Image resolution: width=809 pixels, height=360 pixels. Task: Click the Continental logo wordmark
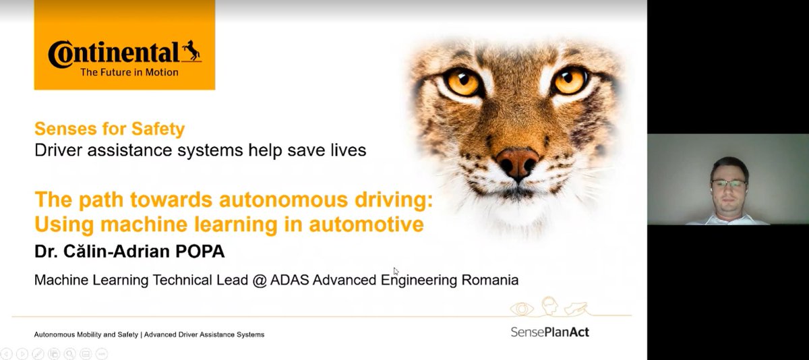point(114,53)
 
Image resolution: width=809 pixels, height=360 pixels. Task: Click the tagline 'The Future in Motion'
point(129,72)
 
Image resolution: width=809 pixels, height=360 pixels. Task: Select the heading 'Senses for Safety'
point(109,129)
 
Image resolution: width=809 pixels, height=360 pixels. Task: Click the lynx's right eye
point(570,80)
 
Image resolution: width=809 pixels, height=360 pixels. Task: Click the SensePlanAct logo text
point(549,332)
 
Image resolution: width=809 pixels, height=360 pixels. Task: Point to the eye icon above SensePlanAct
point(521,309)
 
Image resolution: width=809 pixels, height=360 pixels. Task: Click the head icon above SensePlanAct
point(549,305)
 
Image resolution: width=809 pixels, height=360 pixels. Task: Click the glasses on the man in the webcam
point(728,183)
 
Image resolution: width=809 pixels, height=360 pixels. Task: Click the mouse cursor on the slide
point(396,271)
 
